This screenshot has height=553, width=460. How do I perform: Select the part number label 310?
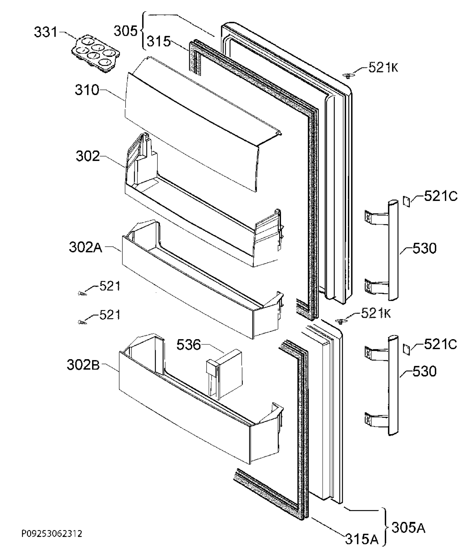click(87, 90)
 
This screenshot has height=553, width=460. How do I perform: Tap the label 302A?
click(86, 247)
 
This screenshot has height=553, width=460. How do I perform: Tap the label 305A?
click(409, 528)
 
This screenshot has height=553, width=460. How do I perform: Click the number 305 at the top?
click(126, 31)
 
